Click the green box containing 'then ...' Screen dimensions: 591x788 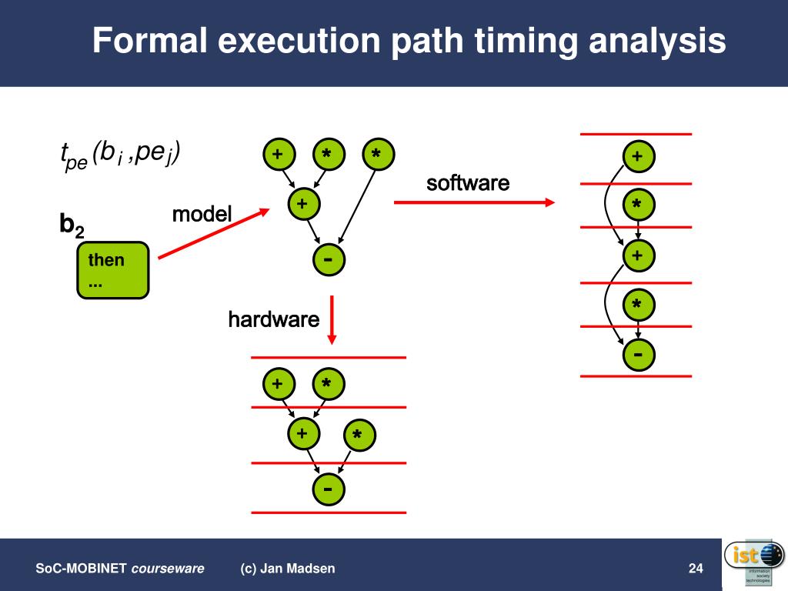click(x=113, y=270)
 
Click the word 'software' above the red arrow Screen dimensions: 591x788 click(x=468, y=183)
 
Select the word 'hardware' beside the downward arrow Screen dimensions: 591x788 click(x=273, y=319)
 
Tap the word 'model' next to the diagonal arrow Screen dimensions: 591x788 click(x=202, y=214)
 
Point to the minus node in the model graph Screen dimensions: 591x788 click(x=329, y=259)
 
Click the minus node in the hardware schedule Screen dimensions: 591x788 click(x=328, y=489)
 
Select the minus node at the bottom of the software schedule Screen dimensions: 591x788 click(x=637, y=354)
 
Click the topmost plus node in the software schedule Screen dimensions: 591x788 click(x=637, y=156)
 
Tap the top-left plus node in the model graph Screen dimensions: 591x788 click(x=277, y=155)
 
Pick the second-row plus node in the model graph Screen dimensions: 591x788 click(x=302, y=204)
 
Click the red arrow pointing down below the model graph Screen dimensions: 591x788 click(x=332, y=319)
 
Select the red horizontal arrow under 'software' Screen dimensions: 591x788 click(x=474, y=202)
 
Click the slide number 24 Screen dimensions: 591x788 click(x=696, y=569)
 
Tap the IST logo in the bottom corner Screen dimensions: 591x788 click(x=754, y=562)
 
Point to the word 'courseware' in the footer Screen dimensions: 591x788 click(x=168, y=569)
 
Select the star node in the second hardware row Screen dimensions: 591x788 click(x=357, y=436)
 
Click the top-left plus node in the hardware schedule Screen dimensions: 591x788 click(x=277, y=383)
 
